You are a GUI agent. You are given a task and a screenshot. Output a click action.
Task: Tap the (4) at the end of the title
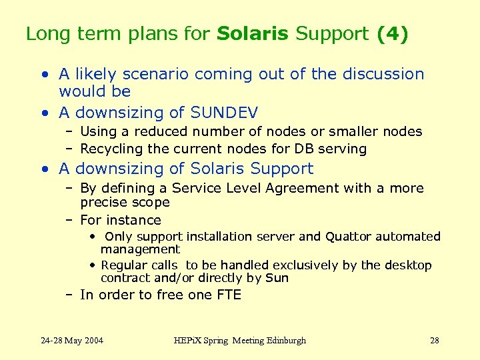pos(392,34)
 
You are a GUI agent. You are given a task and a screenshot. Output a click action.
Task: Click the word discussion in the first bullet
pos(377,74)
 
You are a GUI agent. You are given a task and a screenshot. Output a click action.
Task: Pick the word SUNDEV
pos(224,113)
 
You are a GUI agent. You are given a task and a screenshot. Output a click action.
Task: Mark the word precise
pos(102,202)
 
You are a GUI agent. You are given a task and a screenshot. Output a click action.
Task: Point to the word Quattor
pos(350,237)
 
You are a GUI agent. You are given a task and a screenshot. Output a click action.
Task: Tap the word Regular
pos(125,265)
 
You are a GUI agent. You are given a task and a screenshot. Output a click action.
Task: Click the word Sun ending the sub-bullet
pos(277,278)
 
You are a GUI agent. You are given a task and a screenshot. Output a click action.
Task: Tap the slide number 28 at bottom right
pos(434,341)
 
